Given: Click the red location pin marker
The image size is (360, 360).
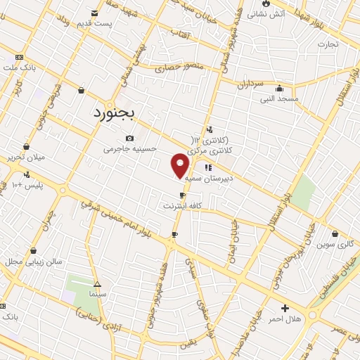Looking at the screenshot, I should [x=181, y=165].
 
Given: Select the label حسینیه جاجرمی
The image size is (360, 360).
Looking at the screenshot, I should [x=127, y=149].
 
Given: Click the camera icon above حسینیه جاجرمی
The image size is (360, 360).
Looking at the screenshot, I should [x=129, y=139].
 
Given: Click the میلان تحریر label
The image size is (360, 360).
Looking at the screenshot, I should [x=25, y=157].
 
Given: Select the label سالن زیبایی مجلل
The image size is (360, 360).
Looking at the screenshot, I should [x=35, y=261].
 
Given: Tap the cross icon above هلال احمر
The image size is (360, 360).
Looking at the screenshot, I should [x=285, y=308].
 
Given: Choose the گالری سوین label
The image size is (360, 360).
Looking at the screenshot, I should [x=334, y=245].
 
